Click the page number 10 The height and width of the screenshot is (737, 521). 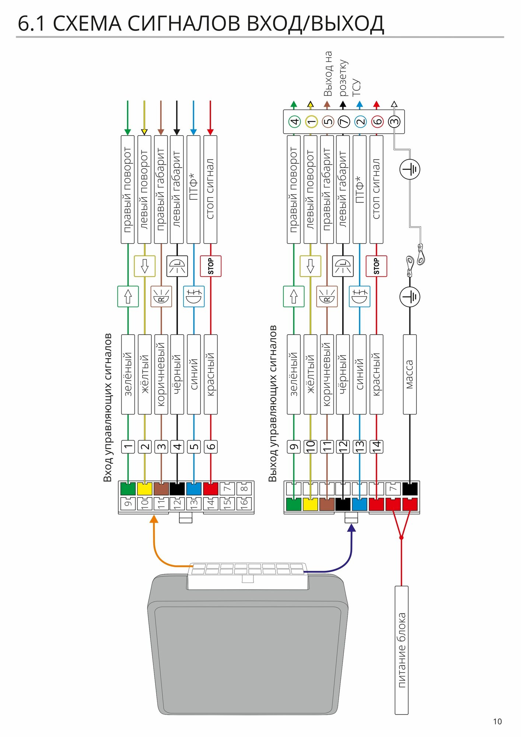coord(497,722)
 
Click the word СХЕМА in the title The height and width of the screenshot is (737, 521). coord(87,24)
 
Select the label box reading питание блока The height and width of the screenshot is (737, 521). coord(402,650)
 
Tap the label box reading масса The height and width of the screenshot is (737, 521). coord(410,374)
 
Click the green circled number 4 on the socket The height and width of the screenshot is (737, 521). coord(294,122)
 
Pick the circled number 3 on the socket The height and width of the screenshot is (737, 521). coord(394,121)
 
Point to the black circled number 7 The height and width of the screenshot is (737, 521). coord(343,122)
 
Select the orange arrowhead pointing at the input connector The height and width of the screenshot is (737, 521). coord(154,519)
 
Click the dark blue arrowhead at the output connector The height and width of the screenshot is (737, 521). coord(352,528)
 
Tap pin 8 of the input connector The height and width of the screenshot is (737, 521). coord(245,489)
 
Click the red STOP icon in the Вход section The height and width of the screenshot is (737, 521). coord(210,266)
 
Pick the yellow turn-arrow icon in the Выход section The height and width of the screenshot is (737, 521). coord(310,266)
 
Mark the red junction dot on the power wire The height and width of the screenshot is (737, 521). coord(401,538)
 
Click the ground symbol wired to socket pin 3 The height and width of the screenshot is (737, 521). coord(410,170)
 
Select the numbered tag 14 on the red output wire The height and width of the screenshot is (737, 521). coord(376,447)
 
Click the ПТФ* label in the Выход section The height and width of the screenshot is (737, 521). coord(360,189)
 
